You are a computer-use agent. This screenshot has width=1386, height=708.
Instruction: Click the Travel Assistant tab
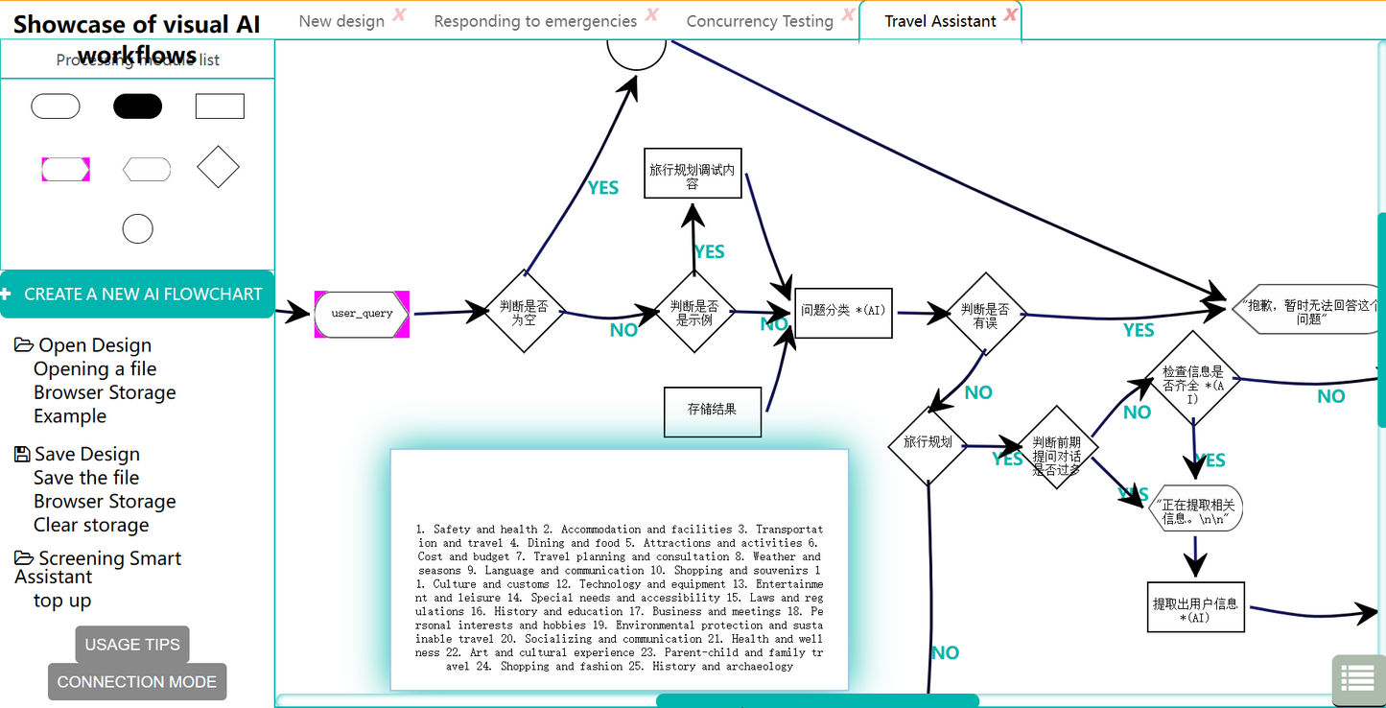coord(940,21)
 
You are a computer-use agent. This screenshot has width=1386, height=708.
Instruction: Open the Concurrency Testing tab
coord(760,21)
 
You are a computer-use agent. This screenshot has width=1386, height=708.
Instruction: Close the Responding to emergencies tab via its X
coord(652,14)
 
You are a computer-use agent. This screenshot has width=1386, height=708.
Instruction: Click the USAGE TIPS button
coord(132,645)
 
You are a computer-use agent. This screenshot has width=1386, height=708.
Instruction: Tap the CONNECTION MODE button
coord(137,682)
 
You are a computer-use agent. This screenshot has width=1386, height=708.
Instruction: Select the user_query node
coord(362,314)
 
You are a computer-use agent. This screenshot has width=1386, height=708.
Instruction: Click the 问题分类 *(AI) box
coord(844,311)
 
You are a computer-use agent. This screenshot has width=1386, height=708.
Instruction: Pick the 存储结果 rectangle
coord(713,411)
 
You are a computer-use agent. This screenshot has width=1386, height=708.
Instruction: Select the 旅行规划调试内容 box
coord(693,174)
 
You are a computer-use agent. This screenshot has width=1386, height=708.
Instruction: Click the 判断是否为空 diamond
coord(524,311)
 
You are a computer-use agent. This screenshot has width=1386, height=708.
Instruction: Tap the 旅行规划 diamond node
coord(928,443)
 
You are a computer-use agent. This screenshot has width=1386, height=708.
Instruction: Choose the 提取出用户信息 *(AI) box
coord(1195,607)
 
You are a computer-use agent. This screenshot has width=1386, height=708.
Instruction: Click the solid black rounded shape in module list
coord(137,106)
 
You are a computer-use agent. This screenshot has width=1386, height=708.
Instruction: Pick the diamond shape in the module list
coord(218,167)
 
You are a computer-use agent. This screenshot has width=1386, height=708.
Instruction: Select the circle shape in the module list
coord(137,229)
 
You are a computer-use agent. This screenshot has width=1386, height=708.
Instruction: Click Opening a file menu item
coord(95,369)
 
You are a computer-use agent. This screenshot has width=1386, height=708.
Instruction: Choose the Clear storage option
coord(91,525)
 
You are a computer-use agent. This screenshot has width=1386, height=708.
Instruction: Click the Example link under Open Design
coord(70,416)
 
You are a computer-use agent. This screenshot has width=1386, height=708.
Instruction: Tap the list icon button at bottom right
coord(1357,678)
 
